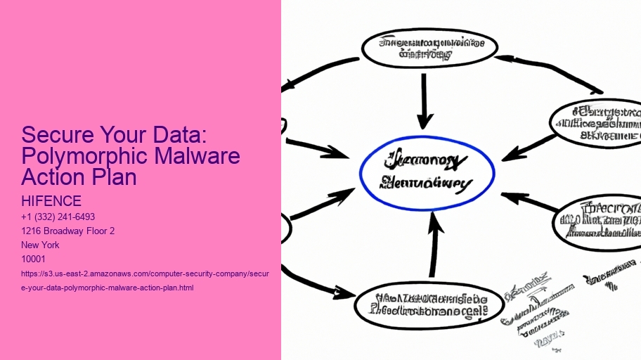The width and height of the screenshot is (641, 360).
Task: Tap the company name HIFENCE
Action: (51, 202)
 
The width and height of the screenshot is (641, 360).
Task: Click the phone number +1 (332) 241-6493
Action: (58, 217)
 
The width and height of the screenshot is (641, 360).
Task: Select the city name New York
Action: (41, 245)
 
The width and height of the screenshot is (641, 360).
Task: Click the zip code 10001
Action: (34, 259)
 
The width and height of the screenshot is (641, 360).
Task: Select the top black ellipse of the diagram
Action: (429, 48)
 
